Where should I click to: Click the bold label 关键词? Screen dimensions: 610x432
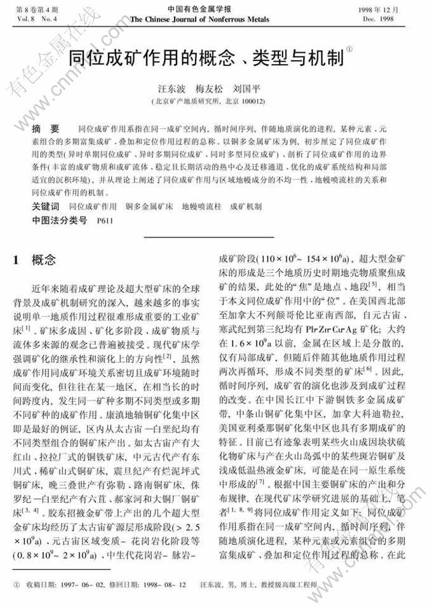(46, 206)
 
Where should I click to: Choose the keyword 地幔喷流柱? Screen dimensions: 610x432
(199, 207)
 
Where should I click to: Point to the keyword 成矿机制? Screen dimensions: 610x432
(245, 207)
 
